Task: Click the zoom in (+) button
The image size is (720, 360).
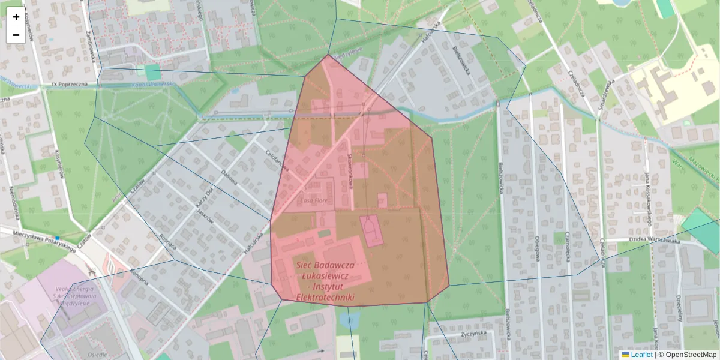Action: tap(16, 17)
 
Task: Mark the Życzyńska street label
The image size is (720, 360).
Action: tap(474, 334)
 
